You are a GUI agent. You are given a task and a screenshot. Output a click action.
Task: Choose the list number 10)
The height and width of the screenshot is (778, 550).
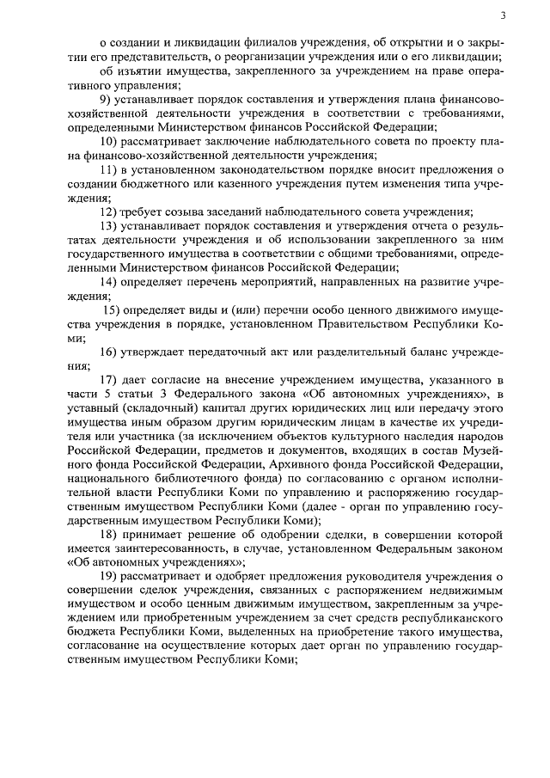tap(112, 142)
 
